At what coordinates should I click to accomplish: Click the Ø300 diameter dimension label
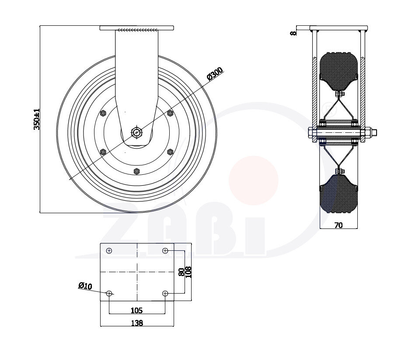215,73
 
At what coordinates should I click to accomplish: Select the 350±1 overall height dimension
37,119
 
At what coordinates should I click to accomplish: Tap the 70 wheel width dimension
339,225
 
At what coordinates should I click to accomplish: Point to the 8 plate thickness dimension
293,33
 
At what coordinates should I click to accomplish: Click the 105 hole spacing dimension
136,311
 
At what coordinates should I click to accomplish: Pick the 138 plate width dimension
137,323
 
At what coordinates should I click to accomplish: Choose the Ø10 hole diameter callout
85,285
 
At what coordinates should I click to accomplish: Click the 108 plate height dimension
189,272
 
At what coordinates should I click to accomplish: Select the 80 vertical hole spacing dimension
181,272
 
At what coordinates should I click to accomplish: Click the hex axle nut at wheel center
136,132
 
